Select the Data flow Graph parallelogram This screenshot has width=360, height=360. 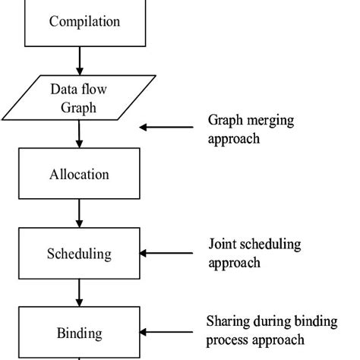(x=84, y=97)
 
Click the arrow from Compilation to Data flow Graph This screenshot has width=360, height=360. (x=79, y=59)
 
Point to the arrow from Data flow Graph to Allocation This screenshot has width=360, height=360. (x=79, y=134)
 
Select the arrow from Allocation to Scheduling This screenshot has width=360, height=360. (x=79, y=213)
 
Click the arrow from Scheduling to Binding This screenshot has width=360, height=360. (x=79, y=292)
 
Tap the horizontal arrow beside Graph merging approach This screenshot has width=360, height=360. (x=166, y=128)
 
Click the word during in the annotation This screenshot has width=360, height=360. (x=273, y=321)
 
